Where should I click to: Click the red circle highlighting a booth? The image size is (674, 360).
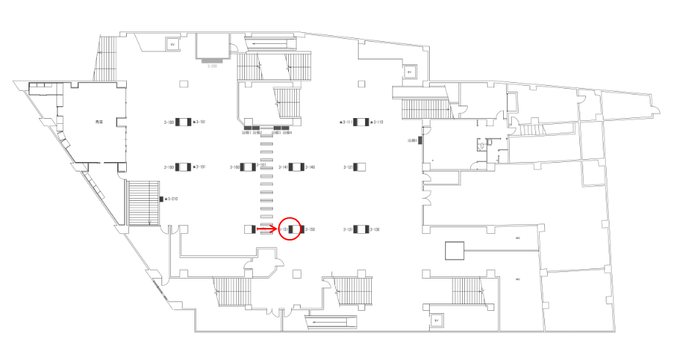290,229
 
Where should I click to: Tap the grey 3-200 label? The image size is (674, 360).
213,66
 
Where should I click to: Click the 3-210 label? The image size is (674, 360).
172,199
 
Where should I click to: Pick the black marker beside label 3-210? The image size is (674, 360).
161,199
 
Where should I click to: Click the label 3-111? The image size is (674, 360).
345,122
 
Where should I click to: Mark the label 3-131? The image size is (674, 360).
348,229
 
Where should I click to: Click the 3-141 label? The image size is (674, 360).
283,167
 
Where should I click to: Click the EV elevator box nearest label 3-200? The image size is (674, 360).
173,45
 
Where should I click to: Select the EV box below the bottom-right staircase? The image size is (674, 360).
436,320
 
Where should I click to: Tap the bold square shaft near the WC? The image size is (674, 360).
455,251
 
